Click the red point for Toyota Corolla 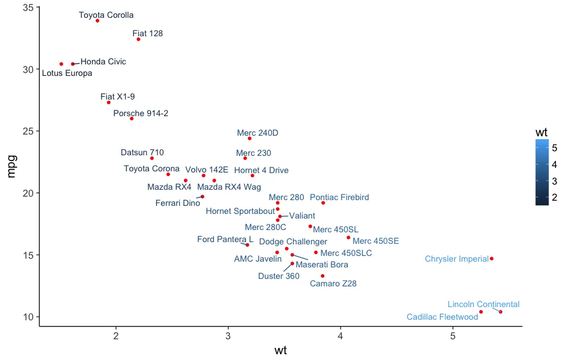(98, 21)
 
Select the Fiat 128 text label (148, 33)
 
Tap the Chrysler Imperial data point (492, 259)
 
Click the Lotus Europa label (67, 73)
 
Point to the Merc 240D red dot (250, 139)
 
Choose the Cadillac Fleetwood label (442, 317)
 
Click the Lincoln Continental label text (483, 304)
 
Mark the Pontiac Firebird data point (323, 203)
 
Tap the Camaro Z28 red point (323, 276)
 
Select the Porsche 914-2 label (141, 113)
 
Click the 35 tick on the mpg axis (27, 7)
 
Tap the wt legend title (541, 132)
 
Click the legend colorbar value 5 (555, 148)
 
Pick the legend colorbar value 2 (555, 198)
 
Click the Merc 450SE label (375, 241)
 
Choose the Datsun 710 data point (152, 158)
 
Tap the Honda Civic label (103, 62)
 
